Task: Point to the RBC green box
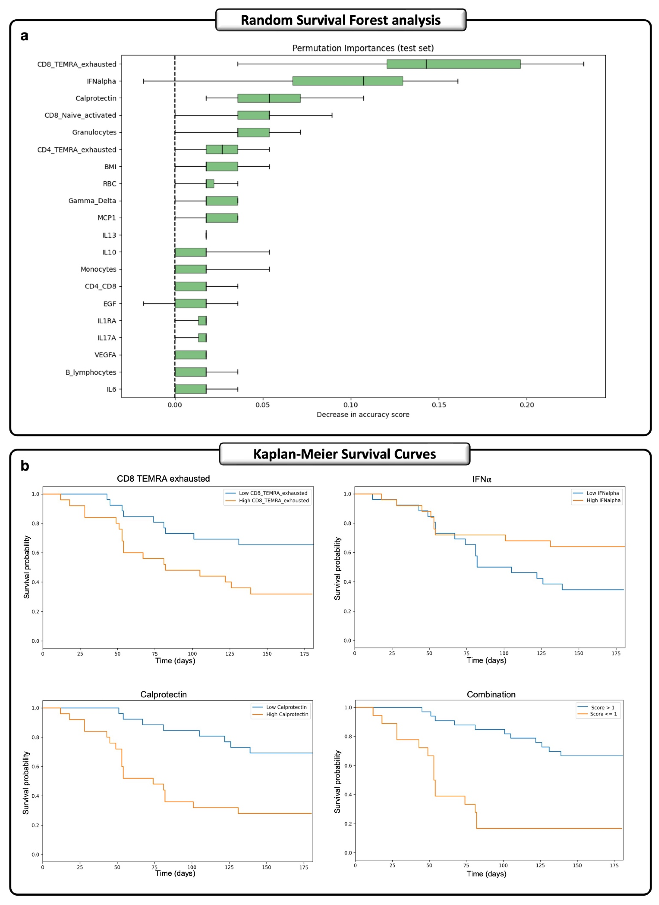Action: (210, 184)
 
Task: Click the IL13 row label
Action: (109, 235)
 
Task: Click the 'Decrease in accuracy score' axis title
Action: (363, 415)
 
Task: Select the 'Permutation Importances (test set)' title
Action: (363, 48)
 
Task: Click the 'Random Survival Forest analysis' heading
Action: (340, 20)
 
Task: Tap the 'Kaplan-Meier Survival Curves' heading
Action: (344, 454)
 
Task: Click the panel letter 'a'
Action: (24, 36)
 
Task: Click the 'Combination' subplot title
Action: (491, 694)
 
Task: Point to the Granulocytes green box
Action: (253, 132)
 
